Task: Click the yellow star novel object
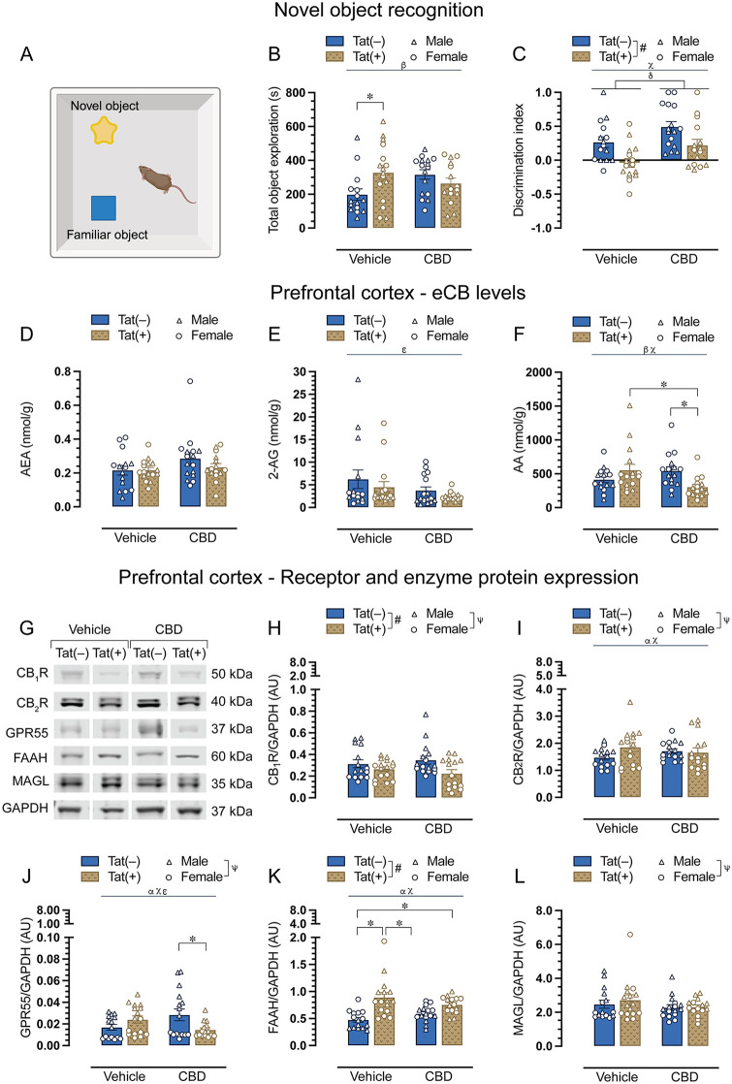click(104, 130)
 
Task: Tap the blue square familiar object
click(104, 208)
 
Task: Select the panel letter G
click(27, 627)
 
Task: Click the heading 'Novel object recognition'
click(379, 11)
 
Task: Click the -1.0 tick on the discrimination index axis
click(543, 228)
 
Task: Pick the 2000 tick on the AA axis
click(538, 372)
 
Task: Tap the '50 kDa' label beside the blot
click(232, 674)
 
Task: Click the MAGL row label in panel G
click(30, 781)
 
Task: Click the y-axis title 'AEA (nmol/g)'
click(27, 438)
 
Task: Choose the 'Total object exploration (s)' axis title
click(273, 159)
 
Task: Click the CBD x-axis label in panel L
click(684, 1076)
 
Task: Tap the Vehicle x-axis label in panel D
click(136, 537)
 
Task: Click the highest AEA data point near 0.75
click(189, 381)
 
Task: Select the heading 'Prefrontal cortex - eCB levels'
click(398, 293)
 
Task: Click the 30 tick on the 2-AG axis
click(300, 372)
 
